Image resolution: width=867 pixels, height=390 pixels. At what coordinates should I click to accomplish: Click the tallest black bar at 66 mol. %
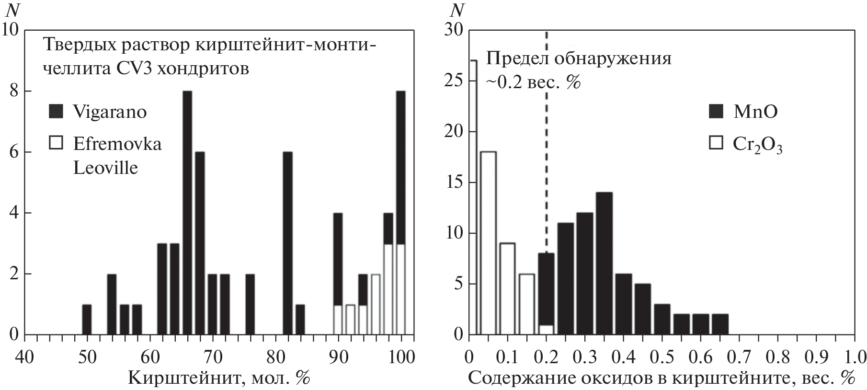[x=187, y=213]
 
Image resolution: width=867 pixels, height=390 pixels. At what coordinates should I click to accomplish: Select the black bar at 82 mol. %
[x=287, y=243]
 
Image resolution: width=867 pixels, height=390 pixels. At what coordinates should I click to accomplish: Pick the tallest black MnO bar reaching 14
[x=604, y=263]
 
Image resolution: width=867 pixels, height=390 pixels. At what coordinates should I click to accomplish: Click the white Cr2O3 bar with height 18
[x=488, y=243]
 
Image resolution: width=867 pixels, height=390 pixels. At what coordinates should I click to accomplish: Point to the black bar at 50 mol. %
[x=87, y=319]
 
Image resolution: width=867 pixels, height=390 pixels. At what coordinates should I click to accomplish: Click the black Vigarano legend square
[x=57, y=112]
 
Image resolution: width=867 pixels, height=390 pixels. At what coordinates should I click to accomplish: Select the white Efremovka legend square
[x=57, y=144]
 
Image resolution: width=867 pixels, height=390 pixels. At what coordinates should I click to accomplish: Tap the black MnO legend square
[x=716, y=112]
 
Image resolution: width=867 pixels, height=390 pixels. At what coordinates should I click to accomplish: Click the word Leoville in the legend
[x=105, y=168]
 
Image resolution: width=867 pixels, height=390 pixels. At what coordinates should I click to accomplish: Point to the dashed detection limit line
[x=547, y=144]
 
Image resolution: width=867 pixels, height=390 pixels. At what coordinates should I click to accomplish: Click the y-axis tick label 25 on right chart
[x=454, y=81]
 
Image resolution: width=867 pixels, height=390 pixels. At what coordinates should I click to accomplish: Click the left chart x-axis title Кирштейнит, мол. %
[x=219, y=379]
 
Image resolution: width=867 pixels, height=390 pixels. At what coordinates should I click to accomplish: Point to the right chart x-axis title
[x=662, y=379]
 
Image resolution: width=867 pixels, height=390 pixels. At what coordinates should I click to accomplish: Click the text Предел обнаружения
[x=579, y=59]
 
